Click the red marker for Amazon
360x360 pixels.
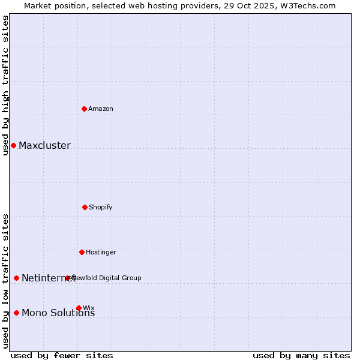(85, 109)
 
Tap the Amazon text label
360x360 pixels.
(101, 109)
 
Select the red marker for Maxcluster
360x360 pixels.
(13, 145)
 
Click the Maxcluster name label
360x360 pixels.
(44, 146)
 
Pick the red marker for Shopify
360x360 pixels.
(85, 207)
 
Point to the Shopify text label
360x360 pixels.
(101, 207)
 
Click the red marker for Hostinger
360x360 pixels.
(82, 252)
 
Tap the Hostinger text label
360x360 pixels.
(101, 252)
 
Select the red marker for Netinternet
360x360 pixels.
(16, 278)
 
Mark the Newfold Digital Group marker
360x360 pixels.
(68, 278)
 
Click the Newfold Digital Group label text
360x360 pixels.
(108, 278)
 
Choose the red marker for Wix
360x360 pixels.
(79, 308)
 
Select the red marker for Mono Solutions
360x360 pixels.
(16, 313)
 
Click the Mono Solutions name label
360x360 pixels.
(58, 313)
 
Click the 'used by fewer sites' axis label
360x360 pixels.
(62, 355)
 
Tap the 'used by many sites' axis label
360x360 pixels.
(301, 355)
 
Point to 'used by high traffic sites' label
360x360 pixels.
(5, 85)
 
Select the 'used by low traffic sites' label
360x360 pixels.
(5, 281)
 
